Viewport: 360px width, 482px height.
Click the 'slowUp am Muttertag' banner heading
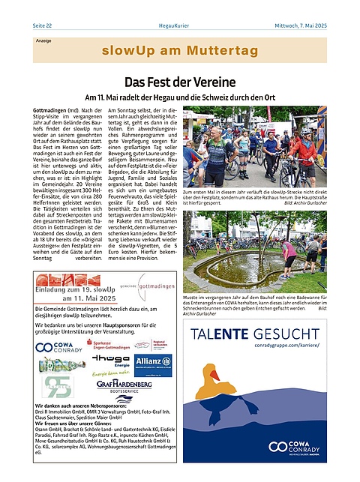point(179,51)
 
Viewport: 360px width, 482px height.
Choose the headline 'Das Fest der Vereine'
point(180,82)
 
